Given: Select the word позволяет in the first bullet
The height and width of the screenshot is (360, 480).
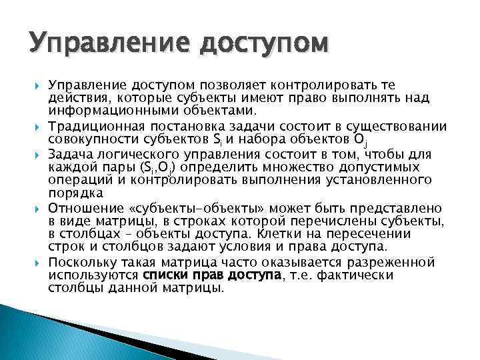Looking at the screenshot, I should pos(230,86).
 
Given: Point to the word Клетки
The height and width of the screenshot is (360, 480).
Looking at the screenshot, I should pos(265,233).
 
